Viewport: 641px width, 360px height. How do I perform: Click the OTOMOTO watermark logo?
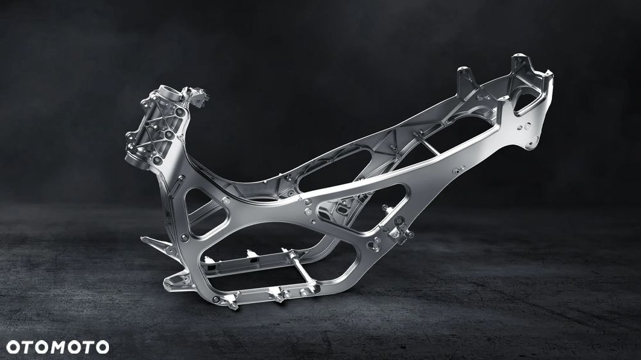tap(58, 347)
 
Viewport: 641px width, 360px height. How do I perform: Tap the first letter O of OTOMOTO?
tap(13, 347)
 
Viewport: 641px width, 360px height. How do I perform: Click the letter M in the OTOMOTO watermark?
tap(58, 347)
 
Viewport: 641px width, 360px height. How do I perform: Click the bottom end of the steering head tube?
tap(133, 158)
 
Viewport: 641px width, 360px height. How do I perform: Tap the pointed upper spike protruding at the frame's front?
tap(155, 242)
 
